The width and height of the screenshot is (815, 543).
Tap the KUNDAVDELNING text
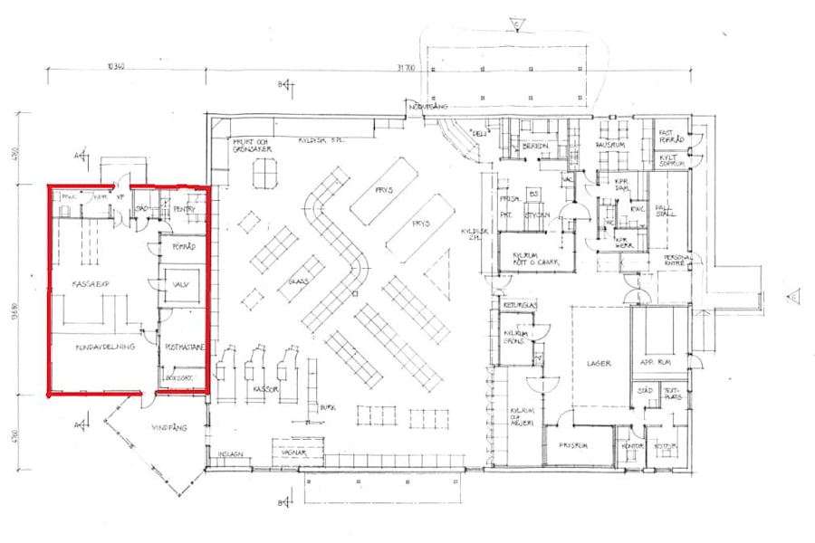(x=106, y=346)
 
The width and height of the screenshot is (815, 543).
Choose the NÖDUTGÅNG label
(x=429, y=106)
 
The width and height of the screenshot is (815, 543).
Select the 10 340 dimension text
(x=113, y=66)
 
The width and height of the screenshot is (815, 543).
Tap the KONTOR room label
(x=633, y=445)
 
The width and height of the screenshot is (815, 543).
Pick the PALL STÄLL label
(x=665, y=210)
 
